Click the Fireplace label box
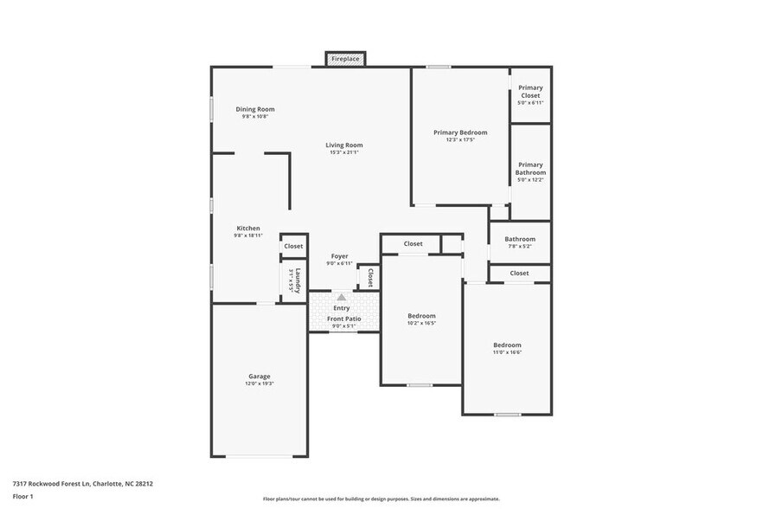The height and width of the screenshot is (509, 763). click(345, 59)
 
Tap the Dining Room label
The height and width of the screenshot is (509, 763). click(255, 109)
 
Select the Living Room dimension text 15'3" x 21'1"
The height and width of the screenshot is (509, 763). click(343, 152)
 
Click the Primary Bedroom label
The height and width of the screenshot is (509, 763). click(460, 132)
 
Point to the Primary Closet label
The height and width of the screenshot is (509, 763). click(530, 91)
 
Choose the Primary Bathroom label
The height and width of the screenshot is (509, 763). click(530, 168)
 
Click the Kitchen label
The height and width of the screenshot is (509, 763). click(248, 229)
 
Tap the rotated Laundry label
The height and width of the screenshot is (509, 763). click(298, 280)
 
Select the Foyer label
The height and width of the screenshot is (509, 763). click(340, 256)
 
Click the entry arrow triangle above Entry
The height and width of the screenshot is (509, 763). click(341, 297)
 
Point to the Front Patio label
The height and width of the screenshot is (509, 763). click(343, 319)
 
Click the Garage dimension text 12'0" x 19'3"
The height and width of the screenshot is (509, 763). click(260, 383)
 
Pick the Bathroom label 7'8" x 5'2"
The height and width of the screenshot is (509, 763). click(520, 239)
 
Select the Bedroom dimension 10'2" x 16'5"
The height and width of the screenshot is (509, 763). click(421, 324)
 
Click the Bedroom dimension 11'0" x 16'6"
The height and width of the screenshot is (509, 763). click(507, 352)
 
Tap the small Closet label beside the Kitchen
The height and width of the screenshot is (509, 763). click(293, 246)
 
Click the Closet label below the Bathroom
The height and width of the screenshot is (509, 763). click(519, 273)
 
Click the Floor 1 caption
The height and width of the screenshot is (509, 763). click(22, 496)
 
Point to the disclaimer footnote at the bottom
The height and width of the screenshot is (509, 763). click(381, 499)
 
